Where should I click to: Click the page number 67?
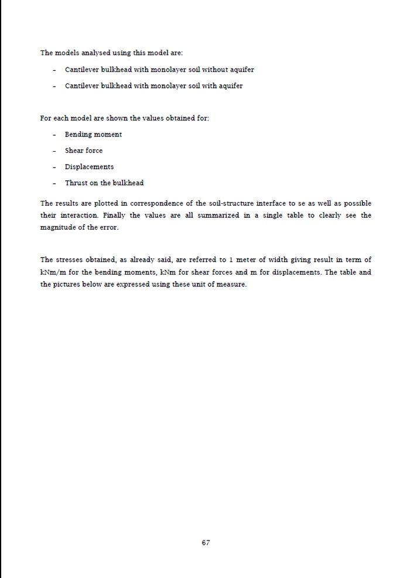coord(206,543)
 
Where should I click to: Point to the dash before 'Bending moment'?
coord(54,135)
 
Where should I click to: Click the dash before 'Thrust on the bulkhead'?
coord(54,183)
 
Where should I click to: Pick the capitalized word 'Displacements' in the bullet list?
coord(89,167)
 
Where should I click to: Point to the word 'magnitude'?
coord(56,227)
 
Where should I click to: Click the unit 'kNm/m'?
coord(52,272)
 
